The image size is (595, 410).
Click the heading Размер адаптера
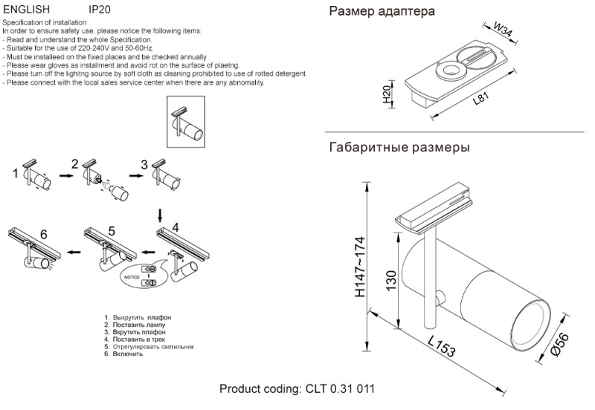click(382, 13)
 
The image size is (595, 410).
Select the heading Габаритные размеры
click(399, 148)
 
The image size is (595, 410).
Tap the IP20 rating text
click(100, 10)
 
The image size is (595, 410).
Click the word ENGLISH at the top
click(27, 10)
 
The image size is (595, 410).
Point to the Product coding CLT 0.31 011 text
click(297, 390)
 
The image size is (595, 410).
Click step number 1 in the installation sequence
click(16, 175)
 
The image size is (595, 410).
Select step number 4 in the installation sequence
click(176, 227)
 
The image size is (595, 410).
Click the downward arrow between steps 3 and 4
click(159, 215)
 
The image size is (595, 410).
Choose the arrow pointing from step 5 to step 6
click(72, 253)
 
